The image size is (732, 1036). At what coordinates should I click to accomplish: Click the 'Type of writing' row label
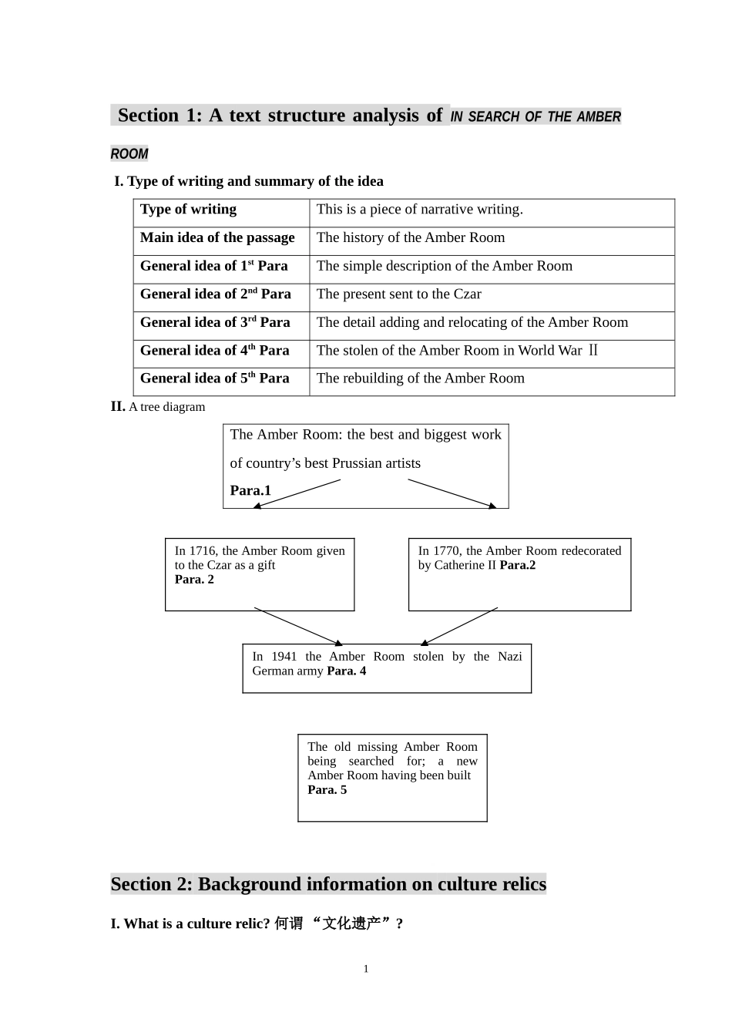pos(188,210)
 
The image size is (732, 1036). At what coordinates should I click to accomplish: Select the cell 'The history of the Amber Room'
pos(410,238)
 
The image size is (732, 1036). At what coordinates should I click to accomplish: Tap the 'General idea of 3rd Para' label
pos(215,322)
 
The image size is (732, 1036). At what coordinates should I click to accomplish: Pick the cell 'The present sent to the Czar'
pos(398,294)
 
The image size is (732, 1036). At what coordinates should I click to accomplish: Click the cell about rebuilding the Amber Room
pos(420,378)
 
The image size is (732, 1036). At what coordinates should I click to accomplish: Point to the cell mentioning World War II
pos(457,351)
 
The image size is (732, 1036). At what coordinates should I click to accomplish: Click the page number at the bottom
pos(366,969)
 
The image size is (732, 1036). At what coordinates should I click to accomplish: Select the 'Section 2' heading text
pos(328,884)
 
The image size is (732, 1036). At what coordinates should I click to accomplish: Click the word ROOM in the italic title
pos(129,154)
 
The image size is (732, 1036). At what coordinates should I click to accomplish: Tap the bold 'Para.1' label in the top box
pos(250,491)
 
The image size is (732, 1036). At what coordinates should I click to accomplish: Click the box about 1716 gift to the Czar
pos(260,574)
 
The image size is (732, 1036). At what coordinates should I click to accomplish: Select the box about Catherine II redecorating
pos(519,574)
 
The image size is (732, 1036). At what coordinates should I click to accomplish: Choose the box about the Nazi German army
pos(387,668)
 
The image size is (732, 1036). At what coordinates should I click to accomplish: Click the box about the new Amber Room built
pos(392,777)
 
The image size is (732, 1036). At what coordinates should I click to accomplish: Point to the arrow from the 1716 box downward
pos(297,626)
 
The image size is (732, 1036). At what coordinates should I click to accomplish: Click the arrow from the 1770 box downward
pos(459,626)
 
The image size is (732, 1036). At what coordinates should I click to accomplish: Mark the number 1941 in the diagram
pos(284,657)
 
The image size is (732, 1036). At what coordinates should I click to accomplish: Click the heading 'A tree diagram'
pos(166,407)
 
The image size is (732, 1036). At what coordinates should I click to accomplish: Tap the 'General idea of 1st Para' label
pos(213,266)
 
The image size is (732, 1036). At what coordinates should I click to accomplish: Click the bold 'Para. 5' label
pos(327,790)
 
